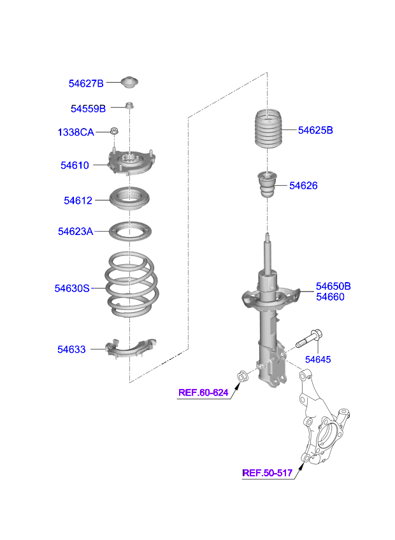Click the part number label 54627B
[86, 83]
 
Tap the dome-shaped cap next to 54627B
[129, 82]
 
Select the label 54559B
[88, 108]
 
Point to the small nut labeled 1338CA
[115, 131]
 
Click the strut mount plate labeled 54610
[132, 162]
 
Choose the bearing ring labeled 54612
[129, 199]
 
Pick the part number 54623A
[75, 231]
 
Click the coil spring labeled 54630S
[132, 284]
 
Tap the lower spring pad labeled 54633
[131, 348]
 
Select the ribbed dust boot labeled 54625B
[268, 129]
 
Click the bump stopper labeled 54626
[268, 185]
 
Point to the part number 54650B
[333, 286]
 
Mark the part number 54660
[330, 297]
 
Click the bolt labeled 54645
[309, 339]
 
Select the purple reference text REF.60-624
[203, 393]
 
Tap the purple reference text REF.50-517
[268, 473]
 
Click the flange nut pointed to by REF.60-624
[243, 376]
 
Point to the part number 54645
[318, 360]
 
